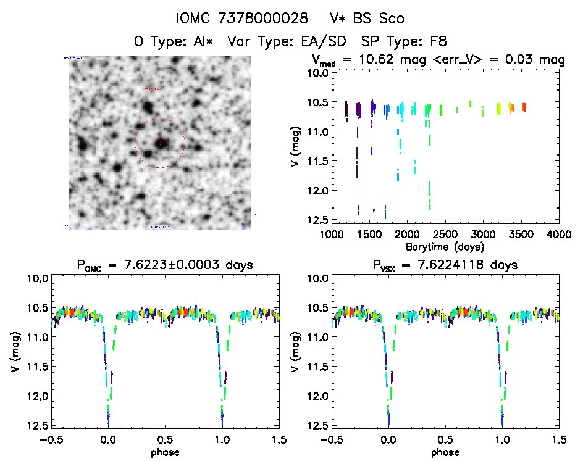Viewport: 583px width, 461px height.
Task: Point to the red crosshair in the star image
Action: pyautogui.click(x=160, y=143)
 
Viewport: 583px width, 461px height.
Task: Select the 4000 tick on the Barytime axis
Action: pyautogui.click(x=559, y=235)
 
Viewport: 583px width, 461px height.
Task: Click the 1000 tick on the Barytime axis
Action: pyautogui.click(x=331, y=235)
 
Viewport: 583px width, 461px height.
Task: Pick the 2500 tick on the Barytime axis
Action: pyautogui.click(x=445, y=235)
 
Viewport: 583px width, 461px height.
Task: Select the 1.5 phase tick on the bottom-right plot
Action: pyautogui.click(x=559, y=439)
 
